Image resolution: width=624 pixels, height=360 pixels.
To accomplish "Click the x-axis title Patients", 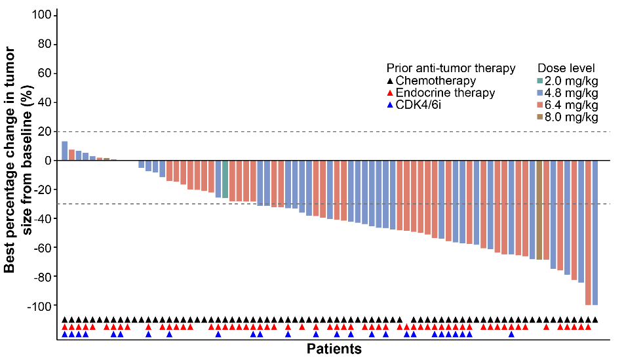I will (334, 349).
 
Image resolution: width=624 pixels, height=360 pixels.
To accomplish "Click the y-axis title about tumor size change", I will (17, 159).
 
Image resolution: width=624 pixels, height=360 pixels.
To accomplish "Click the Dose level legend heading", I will (566, 68).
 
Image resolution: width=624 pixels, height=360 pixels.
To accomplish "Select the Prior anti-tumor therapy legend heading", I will (451, 68).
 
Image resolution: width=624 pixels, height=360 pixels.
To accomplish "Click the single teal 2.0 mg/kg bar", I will (225, 179).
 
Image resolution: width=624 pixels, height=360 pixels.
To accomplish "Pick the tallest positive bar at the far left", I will (65, 151).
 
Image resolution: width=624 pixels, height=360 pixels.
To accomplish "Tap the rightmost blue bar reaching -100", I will (595, 233).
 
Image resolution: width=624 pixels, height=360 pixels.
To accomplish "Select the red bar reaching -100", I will (588, 233).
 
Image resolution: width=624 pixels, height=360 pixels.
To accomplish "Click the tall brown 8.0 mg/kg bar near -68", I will (539, 210).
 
